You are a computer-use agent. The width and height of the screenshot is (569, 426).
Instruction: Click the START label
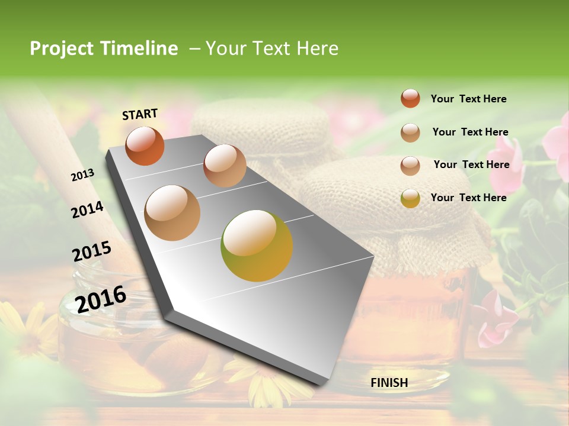click(x=140, y=114)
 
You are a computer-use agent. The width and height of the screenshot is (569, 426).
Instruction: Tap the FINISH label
click(x=389, y=383)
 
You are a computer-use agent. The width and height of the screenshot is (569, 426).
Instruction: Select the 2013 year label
click(x=82, y=175)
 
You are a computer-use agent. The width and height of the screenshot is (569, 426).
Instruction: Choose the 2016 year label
click(x=101, y=299)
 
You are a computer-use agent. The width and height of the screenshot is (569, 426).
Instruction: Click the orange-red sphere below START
click(x=145, y=146)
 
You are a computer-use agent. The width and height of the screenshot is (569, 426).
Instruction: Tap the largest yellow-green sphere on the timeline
click(x=257, y=246)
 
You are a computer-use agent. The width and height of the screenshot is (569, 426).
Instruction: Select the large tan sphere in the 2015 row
click(x=172, y=212)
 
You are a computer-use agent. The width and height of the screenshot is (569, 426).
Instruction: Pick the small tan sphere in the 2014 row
click(x=225, y=166)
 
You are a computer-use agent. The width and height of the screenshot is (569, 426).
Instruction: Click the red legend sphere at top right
click(x=410, y=99)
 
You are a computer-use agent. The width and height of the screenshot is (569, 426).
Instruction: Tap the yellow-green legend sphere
click(x=410, y=198)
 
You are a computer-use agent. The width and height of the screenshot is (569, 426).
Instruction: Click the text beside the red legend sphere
click(x=468, y=99)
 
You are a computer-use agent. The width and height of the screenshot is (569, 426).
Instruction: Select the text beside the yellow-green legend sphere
click(x=468, y=198)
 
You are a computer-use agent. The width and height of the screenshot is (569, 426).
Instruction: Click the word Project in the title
click(x=62, y=49)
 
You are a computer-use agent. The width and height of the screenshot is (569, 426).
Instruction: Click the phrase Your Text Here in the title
click(x=272, y=49)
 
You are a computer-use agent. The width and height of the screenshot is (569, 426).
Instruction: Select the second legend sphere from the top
click(x=410, y=133)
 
